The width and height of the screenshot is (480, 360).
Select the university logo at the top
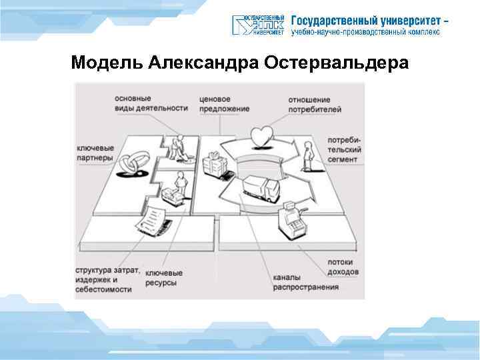click(x=259, y=25)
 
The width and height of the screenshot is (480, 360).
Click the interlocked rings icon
click(x=133, y=163)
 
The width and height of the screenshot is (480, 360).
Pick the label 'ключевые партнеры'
click(x=96, y=153)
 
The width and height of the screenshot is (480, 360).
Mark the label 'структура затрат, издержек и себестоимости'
click(x=107, y=279)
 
